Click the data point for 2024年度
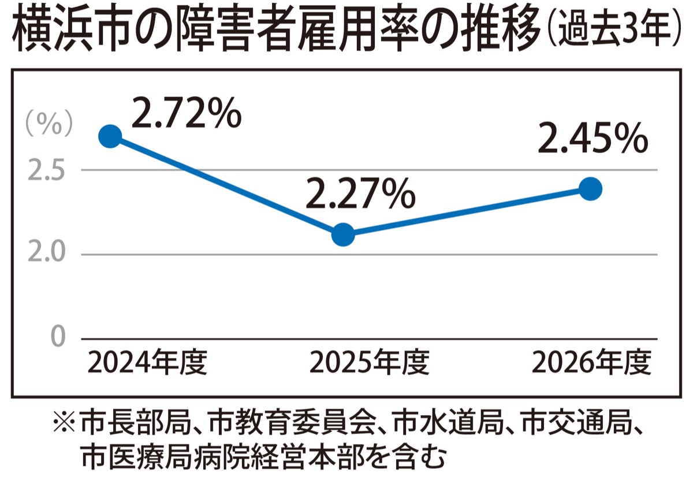click(x=110, y=136)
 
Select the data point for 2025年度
click(x=343, y=234)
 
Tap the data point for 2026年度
click(x=590, y=189)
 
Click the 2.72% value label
click(x=187, y=113)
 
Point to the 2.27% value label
click(x=361, y=193)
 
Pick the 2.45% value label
click(x=593, y=139)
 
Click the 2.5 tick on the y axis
click(x=46, y=170)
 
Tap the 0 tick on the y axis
click(x=58, y=337)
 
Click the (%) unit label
click(x=49, y=124)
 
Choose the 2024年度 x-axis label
click(x=148, y=362)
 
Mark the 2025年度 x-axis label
click(x=370, y=362)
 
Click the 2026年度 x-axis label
click(x=591, y=362)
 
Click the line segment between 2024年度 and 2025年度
click(x=226, y=185)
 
